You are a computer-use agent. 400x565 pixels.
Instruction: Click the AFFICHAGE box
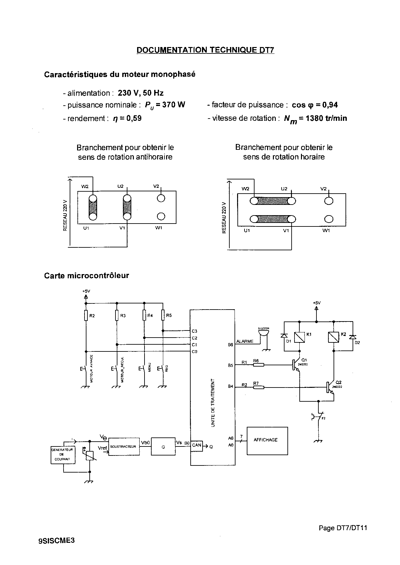coord(267,441)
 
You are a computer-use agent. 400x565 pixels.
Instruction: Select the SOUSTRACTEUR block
coord(124,446)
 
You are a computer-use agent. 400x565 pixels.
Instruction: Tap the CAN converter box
coord(196,445)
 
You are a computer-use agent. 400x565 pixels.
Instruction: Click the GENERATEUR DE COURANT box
coord(63,455)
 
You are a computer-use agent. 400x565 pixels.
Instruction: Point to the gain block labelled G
coord(163,446)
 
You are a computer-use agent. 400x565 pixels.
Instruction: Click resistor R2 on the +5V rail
coord(86,316)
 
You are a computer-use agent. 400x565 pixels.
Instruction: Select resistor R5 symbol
coord(163,315)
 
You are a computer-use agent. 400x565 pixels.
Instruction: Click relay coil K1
coord(300,337)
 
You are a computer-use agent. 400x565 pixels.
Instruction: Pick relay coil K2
coord(333,337)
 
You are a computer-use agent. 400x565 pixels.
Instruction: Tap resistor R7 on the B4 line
coord(259,387)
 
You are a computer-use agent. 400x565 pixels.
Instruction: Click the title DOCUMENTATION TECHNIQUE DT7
coord(205,50)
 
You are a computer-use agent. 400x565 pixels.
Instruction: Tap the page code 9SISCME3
coord(56,541)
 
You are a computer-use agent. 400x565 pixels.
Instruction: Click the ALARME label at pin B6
coord(245,341)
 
